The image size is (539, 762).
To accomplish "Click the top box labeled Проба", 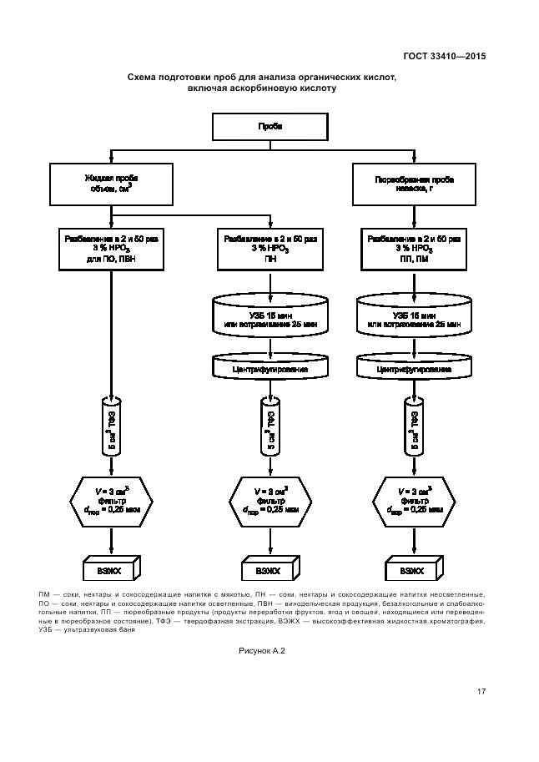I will [270, 127].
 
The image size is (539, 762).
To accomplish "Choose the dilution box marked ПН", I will [270, 249].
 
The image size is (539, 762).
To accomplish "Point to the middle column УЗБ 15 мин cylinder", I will [270, 321].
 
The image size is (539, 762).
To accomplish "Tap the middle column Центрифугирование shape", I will [270, 368].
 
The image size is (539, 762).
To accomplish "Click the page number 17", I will [481, 692].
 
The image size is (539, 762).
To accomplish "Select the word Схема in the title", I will [143, 77].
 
